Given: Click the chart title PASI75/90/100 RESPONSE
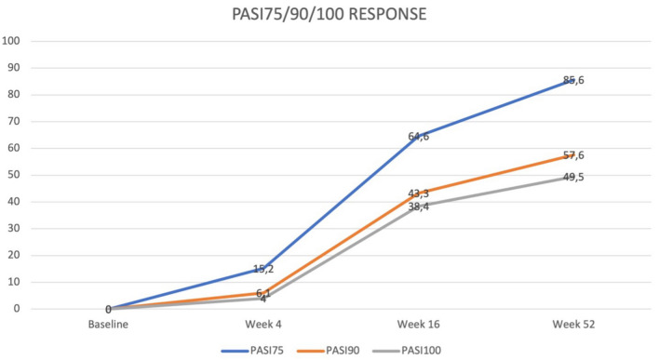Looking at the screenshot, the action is (329, 14).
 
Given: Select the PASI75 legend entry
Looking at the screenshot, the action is (252, 351).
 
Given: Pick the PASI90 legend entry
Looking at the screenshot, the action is (329, 351).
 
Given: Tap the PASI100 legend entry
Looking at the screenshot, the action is (407, 351).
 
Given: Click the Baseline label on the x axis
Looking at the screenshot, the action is (108, 325).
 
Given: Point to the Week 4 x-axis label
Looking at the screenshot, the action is (263, 325).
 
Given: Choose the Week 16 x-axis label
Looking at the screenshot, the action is (418, 325).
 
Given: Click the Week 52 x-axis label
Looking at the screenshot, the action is (573, 325).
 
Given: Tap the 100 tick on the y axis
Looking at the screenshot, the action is (11, 41).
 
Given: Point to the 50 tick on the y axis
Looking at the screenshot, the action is (13, 175).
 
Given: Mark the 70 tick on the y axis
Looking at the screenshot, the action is (13, 121).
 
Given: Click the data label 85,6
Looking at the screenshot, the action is (573, 80).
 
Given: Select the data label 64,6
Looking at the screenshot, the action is (418, 137).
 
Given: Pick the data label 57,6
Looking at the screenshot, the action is (573, 155).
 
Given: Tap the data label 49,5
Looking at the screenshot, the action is (573, 178).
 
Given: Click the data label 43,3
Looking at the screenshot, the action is (418, 193).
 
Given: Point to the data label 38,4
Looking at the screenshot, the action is (418, 207).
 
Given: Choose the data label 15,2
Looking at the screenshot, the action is (263, 269).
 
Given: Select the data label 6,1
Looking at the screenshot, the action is (263, 293).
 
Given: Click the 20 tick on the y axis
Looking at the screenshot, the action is (13, 255).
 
